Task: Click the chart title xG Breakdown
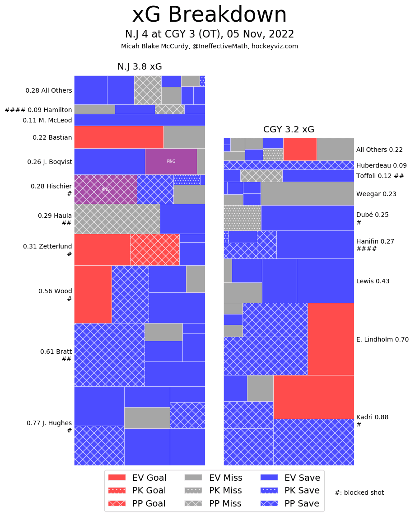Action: click(x=209, y=15)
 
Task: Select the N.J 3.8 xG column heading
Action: click(x=140, y=67)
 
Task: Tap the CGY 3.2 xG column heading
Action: click(x=289, y=130)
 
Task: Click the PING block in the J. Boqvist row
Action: click(x=171, y=161)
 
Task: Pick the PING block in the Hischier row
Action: click(x=106, y=189)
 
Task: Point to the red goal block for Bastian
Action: click(x=119, y=137)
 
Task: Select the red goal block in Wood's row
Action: click(x=93, y=294)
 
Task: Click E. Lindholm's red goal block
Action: click(x=331, y=339)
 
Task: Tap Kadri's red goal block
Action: click(x=313, y=397)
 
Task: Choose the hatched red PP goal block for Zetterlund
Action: click(x=154, y=249)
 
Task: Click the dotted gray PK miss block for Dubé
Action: click(x=242, y=218)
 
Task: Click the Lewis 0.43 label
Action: click(x=373, y=281)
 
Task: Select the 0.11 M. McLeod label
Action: click(x=47, y=120)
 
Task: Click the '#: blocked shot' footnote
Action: click(x=359, y=493)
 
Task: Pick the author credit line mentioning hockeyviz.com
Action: click(x=209, y=46)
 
